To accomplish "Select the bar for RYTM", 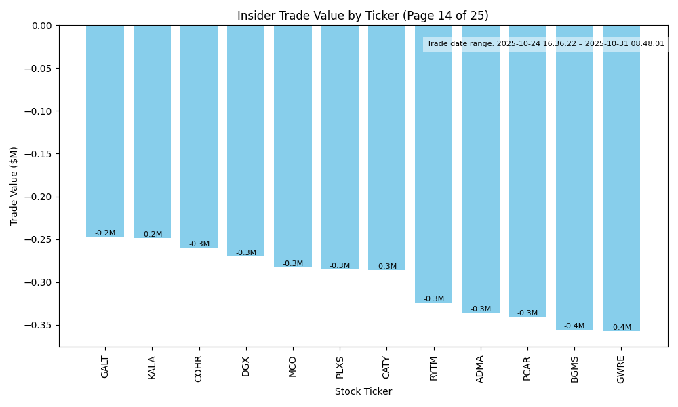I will (434, 163).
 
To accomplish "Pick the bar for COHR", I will (199, 136).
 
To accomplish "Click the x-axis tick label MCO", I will (293, 366).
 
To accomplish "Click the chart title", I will (363, 16).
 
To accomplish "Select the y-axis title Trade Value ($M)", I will (14, 186).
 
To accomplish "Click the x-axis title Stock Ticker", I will (363, 391).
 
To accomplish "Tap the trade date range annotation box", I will (546, 44).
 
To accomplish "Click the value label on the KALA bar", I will (152, 235).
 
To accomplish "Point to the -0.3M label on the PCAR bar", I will (527, 313).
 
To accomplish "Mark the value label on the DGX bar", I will (246, 253).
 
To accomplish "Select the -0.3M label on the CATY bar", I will (386, 267).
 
